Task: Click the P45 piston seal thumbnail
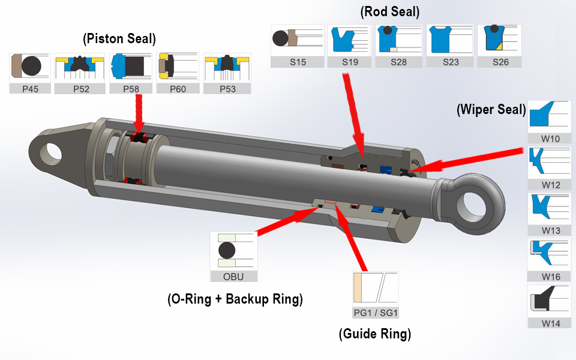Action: (29, 67)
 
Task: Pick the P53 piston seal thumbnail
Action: (227, 67)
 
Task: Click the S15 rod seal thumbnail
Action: (296, 40)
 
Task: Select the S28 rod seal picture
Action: (398, 40)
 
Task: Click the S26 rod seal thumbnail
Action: (500, 40)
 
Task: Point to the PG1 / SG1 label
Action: (376, 313)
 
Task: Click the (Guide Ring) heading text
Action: (375, 334)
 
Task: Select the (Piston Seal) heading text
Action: (119, 39)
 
